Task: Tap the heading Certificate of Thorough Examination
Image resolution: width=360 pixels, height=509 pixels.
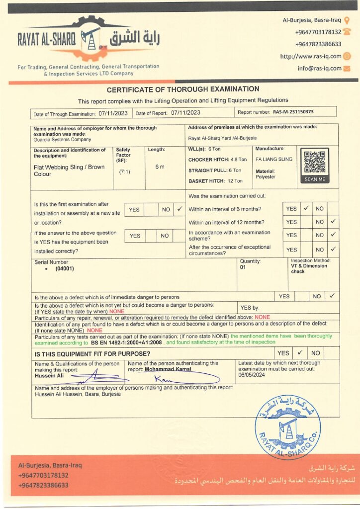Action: pos(183,89)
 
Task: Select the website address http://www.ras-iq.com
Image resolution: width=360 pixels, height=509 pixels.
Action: pos(310,56)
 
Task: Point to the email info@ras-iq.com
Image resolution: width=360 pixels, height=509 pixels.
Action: pos(319,69)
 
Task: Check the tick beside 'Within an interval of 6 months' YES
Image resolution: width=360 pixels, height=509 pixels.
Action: pos(306,209)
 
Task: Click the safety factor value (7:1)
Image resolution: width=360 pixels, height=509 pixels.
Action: pos(124,171)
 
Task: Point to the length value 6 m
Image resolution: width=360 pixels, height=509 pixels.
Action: pos(160,167)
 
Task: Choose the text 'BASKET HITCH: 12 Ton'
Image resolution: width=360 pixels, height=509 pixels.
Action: pos(215,181)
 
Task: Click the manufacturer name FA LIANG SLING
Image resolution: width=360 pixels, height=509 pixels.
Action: pos(273,160)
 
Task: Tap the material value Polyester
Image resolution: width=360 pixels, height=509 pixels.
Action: pos(266,176)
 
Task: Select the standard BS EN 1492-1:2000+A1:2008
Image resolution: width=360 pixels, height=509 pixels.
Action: pos(127,342)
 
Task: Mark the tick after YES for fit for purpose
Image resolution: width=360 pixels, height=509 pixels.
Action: pos(300,353)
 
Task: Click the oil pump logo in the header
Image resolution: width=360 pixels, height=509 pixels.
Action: pos(91,37)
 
